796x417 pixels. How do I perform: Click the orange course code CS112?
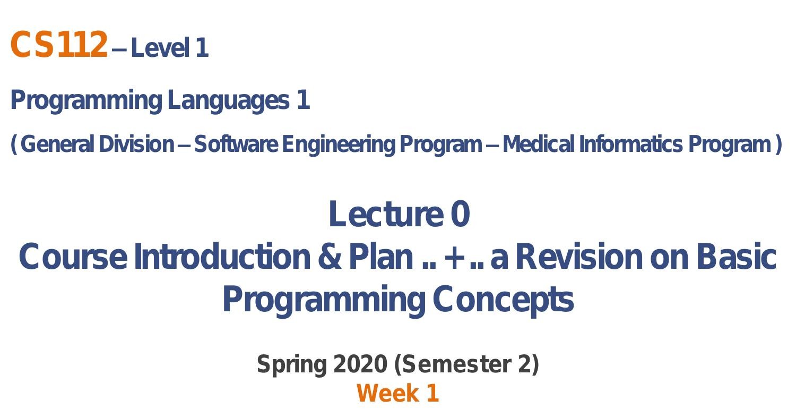(58, 44)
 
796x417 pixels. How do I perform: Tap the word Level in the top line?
(160, 48)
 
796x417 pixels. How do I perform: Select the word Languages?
(229, 101)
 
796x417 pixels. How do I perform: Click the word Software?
(236, 144)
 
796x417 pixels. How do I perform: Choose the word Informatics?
(631, 144)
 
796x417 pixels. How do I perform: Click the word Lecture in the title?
(386, 214)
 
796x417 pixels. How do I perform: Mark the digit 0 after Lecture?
(461, 214)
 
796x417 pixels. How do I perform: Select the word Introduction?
(222, 257)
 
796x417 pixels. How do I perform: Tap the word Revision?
(579, 257)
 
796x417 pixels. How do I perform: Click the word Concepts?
(503, 300)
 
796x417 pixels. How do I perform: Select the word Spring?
(292, 365)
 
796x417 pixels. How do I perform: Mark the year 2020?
(360, 364)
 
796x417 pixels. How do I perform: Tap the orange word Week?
(388, 394)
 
